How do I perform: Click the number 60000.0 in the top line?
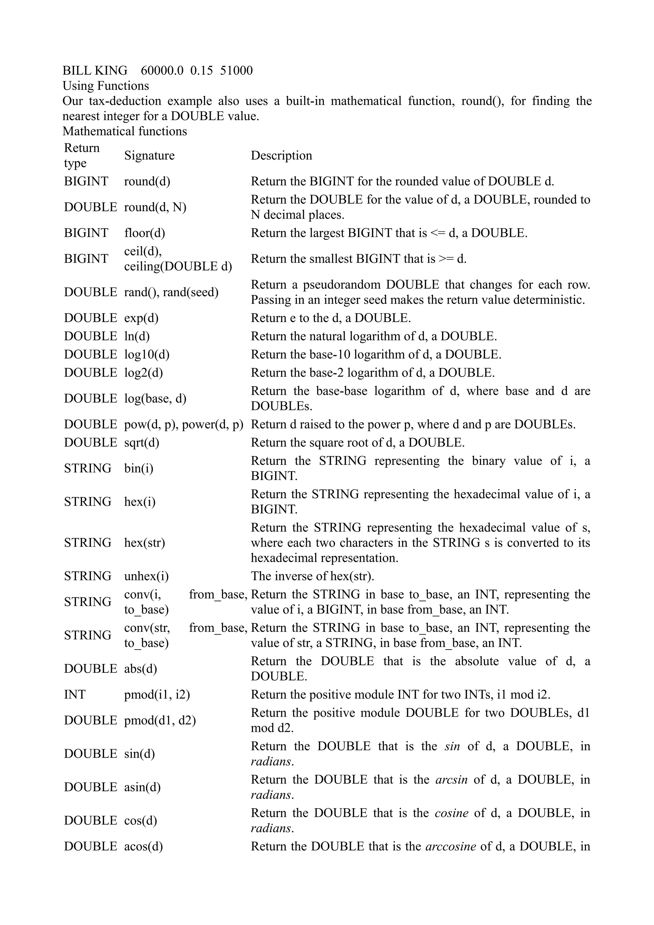(162, 71)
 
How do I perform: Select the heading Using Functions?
(106, 86)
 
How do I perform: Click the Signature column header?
(149, 155)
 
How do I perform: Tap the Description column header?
(281, 155)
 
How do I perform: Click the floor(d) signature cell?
(144, 233)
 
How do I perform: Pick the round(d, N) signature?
(155, 207)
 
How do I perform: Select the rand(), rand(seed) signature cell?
(171, 292)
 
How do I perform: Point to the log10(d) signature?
(147, 355)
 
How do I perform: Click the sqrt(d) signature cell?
(141, 443)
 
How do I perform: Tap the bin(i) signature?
(139, 468)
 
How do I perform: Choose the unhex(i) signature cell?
(146, 576)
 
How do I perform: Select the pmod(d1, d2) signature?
(160, 720)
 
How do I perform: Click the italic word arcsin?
(451, 779)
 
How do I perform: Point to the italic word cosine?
(451, 813)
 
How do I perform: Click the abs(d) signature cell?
(140, 669)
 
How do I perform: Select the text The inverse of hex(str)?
(312, 576)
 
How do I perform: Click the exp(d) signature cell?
(141, 318)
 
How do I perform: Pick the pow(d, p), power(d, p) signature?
(184, 425)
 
